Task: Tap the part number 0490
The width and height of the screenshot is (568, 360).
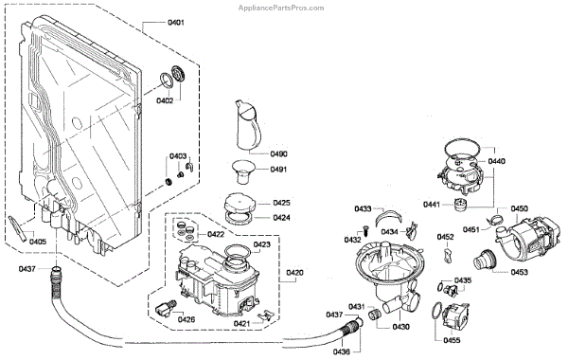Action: pos(278,153)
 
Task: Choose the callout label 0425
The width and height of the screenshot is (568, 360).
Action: pos(282,203)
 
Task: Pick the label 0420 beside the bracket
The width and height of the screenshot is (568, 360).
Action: pos(295,273)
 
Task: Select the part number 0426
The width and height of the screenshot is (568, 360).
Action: pos(186,319)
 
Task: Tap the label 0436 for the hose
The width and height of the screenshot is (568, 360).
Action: pos(343,351)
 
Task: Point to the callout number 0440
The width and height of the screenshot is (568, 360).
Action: pos(497,162)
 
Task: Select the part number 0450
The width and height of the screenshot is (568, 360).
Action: pos(519,208)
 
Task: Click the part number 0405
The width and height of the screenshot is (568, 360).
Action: pos(38,241)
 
